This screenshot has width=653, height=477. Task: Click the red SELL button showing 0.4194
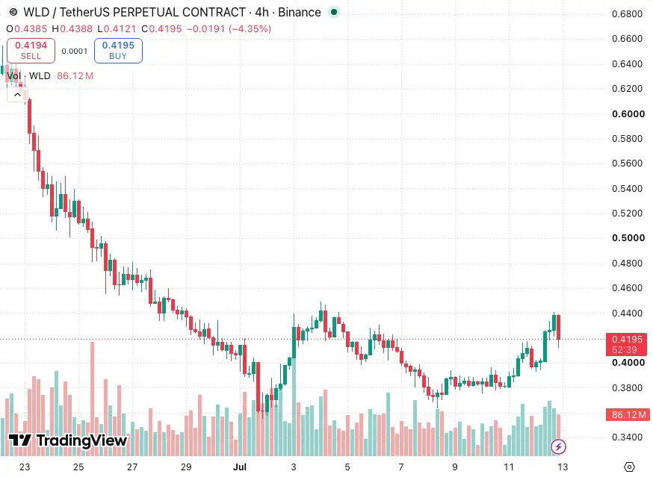(31, 51)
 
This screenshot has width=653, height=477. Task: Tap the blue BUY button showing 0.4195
(118, 51)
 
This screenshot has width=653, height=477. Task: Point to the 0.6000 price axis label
(628, 114)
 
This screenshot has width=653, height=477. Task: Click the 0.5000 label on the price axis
(628, 238)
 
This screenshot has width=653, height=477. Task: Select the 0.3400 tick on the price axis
(627, 437)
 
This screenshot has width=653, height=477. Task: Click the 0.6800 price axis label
(627, 14)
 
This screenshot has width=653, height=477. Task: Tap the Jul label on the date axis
(240, 467)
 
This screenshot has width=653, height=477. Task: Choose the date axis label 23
(25, 467)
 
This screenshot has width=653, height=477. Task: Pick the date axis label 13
(563, 467)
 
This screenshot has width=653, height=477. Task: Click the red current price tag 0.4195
(626, 344)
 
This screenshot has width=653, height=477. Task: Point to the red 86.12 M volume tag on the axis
(628, 414)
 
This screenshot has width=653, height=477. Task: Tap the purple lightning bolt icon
(558, 447)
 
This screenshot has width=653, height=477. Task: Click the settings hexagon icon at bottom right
(630, 467)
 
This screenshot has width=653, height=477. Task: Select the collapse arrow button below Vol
(17, 95)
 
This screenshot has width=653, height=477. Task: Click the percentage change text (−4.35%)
(250, 28)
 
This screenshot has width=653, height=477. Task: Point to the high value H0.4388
(72, 28)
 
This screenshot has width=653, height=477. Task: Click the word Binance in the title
(300, 13)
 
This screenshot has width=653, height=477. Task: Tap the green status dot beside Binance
(333, 13)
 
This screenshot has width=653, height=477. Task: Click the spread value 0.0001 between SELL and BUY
(75, 52)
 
